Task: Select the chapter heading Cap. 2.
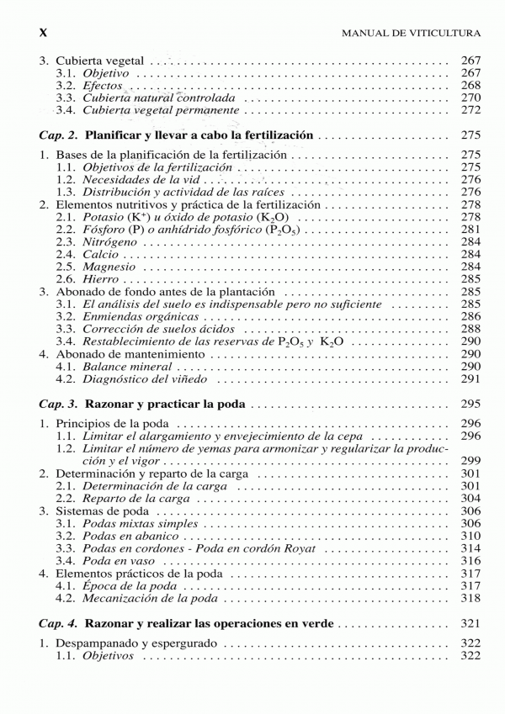pos(59,135)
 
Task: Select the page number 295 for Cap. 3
pos(470,404)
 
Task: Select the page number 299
pos(470,461)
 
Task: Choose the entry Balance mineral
pos(125,367)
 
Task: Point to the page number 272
pos(470,110)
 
